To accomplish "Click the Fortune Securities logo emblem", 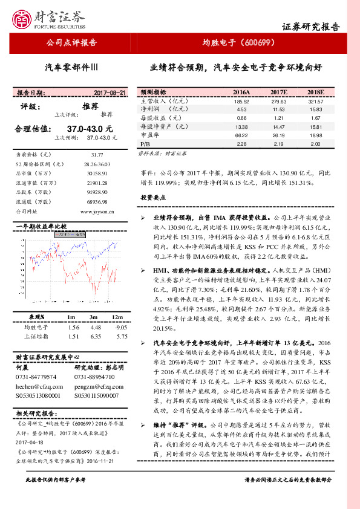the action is (24, 18).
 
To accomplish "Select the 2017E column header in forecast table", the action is (278, 92).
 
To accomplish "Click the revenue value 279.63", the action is (278, 101).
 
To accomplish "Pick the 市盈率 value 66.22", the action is (242, 135).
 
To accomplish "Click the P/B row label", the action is (145, 144).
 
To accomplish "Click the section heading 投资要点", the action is (153, 197).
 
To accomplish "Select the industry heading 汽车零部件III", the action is (71, 68).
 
